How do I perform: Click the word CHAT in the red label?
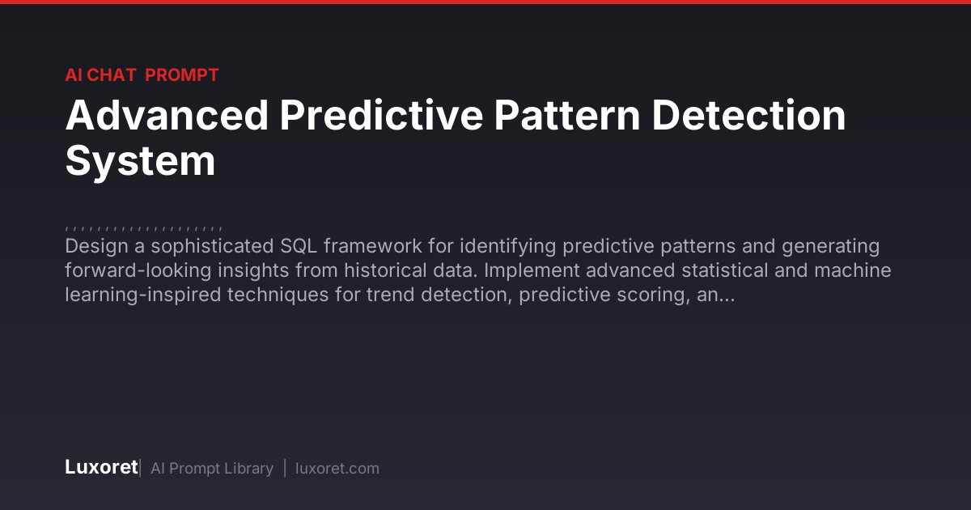click(112, 75)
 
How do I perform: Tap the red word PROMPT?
click(181, 75)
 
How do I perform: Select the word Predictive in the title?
click(381, 115)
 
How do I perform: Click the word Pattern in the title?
click(566, 115)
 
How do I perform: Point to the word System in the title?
click(140, 161)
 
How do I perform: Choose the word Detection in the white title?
click(748, 115)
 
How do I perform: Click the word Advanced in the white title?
click(167, 115)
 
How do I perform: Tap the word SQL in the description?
click(299, 246)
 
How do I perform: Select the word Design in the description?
click(96, 246)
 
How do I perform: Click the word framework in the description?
click(373, 246)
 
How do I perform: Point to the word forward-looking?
click(138, 270)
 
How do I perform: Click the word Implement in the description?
click(532, 270)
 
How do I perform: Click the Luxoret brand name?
click(101, 468)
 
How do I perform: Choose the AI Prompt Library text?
click(212, 469)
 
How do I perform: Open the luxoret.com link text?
click(337, 469)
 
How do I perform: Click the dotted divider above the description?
click(143, 228)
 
